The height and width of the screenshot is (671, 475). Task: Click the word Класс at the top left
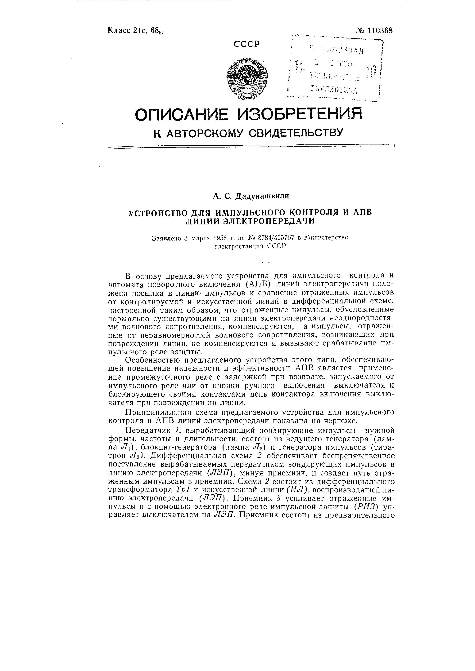point(119,30)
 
